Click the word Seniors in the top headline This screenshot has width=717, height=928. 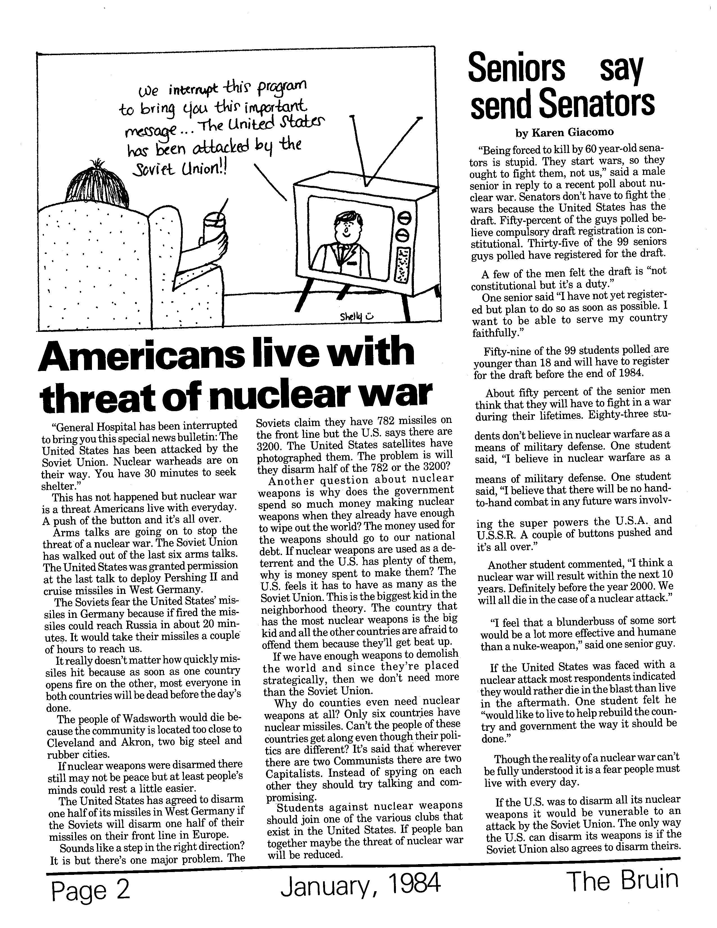(x=516, y=68)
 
